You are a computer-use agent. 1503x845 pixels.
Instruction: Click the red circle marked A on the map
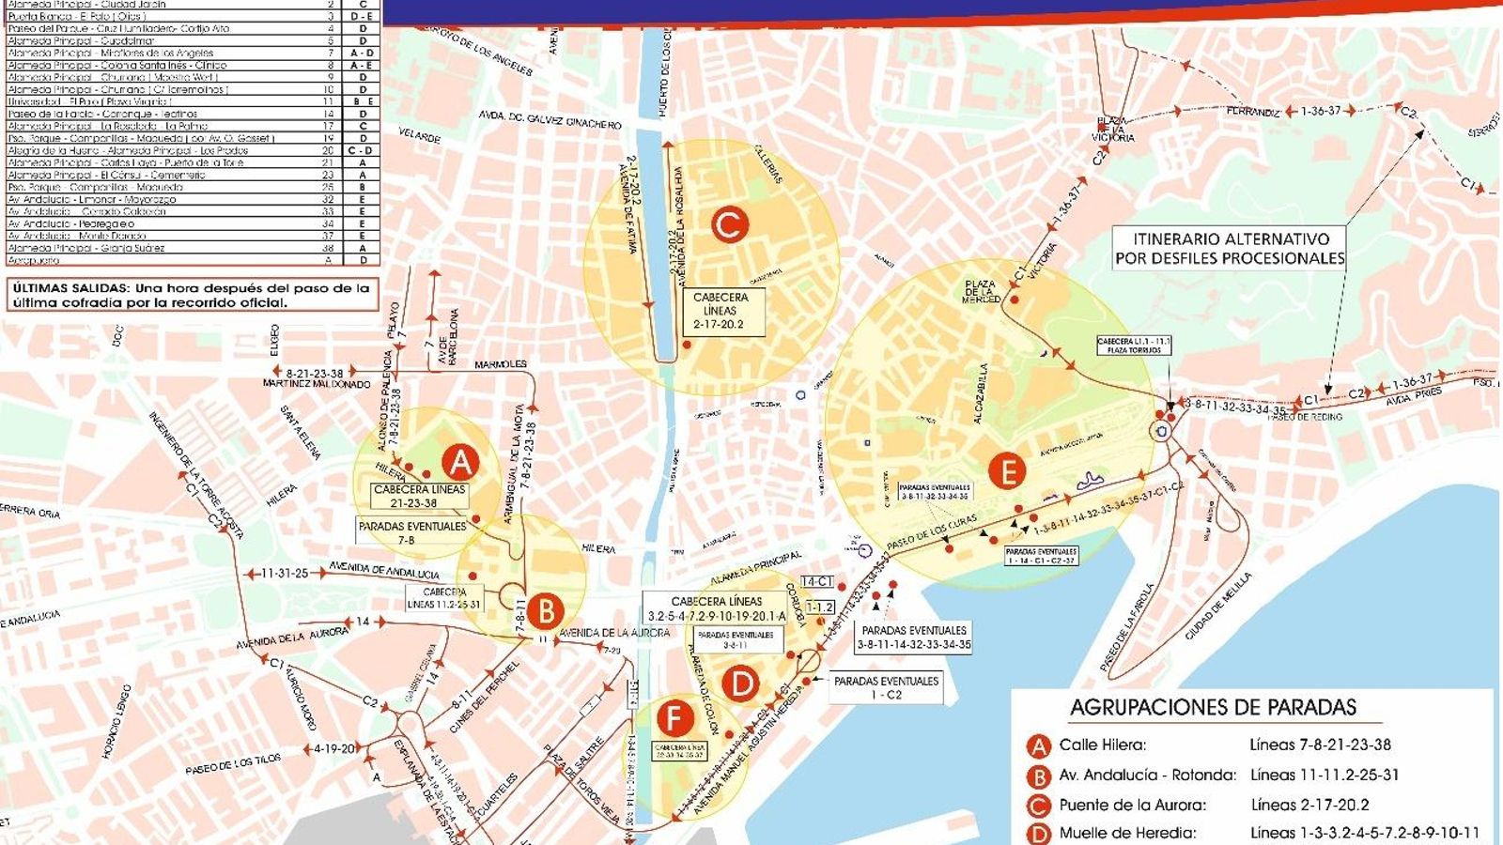[x=460, y=461]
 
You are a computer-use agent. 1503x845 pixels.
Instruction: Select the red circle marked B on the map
[x=545, y=611]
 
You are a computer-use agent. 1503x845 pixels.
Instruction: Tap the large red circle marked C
[x=729, y=225]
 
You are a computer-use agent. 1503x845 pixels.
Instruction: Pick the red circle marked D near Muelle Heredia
[x=740, y=684]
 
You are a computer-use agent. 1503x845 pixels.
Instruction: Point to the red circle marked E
[x=1008, y=470]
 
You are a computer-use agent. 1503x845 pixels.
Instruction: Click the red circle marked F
[x=674, y=719]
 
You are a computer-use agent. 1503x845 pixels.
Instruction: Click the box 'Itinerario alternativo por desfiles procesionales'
[x=1229, y=249]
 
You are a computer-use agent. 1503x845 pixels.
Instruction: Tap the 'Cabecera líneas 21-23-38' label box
[x=420, y=497]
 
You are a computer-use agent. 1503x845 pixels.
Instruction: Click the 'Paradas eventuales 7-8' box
[x=411, y=533]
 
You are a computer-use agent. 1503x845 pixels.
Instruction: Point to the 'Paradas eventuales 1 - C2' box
[x=886, y=688]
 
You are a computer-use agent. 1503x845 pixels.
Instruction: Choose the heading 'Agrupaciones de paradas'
[x=1213, y=708]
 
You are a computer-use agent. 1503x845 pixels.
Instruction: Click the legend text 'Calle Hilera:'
[x=1103, y=745]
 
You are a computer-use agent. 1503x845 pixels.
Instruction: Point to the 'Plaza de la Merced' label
[x=979, y=291]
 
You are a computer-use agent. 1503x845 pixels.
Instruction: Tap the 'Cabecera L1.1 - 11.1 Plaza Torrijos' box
[x=1134, y=346]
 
